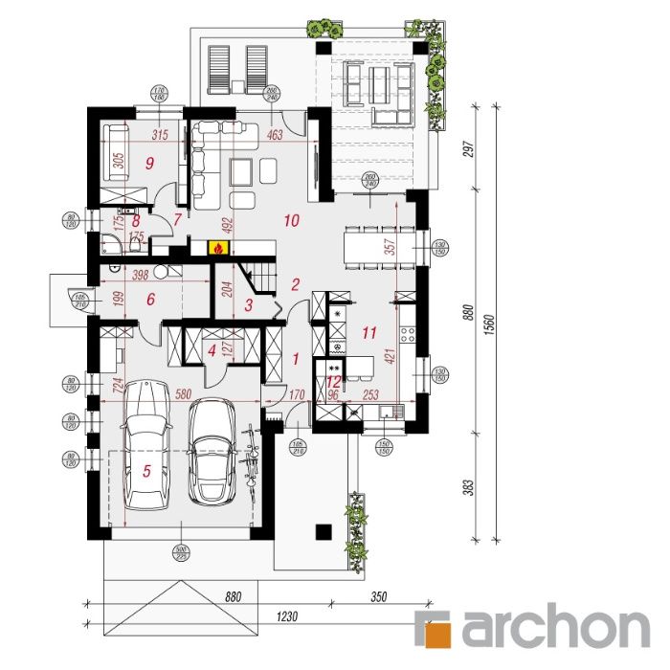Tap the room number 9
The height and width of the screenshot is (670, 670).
pyautogui.click(x=149, y=164)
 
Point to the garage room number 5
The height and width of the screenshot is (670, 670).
pyautogui.click(x=146, y=471)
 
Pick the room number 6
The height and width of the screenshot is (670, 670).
pyautogui.click(x=150, y=300)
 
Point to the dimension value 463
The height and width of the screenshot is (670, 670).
pyautogui.click(x=275, y=136)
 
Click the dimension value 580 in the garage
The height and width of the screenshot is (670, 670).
pyautogui.click(x=187, y=391)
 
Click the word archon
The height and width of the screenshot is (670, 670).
pyautogui.click(x=555, y=629)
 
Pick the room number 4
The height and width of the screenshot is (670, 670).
pyautogui.click(x=212, y=350)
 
